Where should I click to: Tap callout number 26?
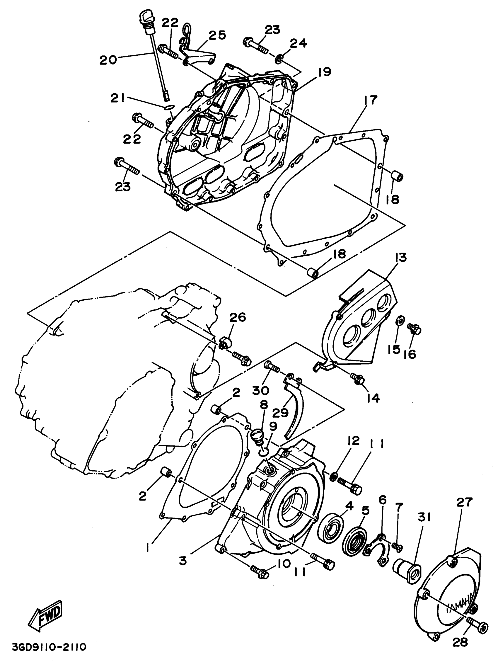(x=238, y=317)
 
